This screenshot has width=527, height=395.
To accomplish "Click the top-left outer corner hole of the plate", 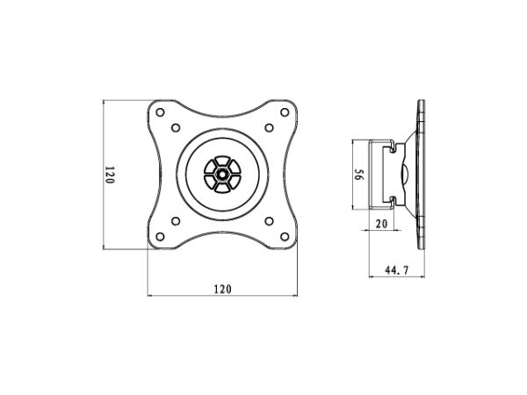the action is tap(161, 112).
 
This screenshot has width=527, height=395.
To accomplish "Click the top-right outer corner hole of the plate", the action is tap(285, 112).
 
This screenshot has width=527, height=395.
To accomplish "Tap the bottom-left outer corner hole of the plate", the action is tap(161, 237).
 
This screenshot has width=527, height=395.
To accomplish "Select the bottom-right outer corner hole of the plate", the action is tap(285, 237).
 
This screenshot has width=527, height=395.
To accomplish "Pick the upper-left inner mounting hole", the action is tap(176, 127).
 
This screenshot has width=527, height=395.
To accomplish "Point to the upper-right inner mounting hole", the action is tap(270, 127).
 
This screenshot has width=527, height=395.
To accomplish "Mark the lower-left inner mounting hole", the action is tap(176, 221).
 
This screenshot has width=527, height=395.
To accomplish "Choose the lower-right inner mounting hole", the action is tap(270, 221).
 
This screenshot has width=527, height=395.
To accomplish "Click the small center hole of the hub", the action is tap(222, 175).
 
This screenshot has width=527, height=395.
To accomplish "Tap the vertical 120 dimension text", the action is tap(110, 175).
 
